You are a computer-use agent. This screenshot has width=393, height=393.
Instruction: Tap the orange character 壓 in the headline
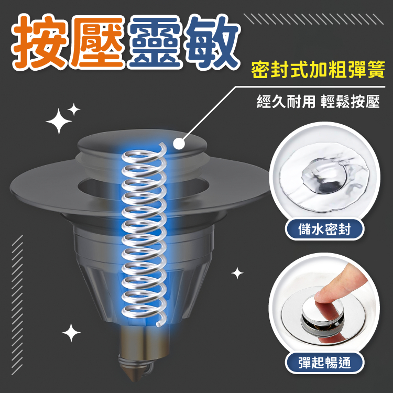coord(97,42)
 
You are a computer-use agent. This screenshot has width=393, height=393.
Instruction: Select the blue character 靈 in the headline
coord(155,42)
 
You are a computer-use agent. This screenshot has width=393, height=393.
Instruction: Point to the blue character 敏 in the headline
coord(211,42)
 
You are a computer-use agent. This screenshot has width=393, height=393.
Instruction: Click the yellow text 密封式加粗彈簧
coord(318,70)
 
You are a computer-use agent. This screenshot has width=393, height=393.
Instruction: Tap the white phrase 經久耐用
coord(286,102)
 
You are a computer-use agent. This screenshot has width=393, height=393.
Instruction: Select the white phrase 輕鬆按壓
coord(350,102)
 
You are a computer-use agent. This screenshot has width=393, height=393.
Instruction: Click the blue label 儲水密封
coord(324,230)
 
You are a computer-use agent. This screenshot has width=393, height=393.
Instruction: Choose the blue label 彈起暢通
coord(324,363)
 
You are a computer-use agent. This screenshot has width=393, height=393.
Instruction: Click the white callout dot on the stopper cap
coord(179,144)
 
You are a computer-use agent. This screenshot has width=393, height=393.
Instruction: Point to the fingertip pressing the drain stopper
coord(323,297)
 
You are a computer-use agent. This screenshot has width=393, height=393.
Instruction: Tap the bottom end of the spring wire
coord(158,325)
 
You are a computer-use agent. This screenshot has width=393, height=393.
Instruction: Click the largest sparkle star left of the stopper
coord(59,122)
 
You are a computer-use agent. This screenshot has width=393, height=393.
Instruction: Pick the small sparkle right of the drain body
coord(237,273)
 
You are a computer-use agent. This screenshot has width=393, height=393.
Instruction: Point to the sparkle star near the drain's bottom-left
coord(71,333)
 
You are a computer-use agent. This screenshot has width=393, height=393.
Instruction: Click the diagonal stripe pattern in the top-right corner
coord(313,19)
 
